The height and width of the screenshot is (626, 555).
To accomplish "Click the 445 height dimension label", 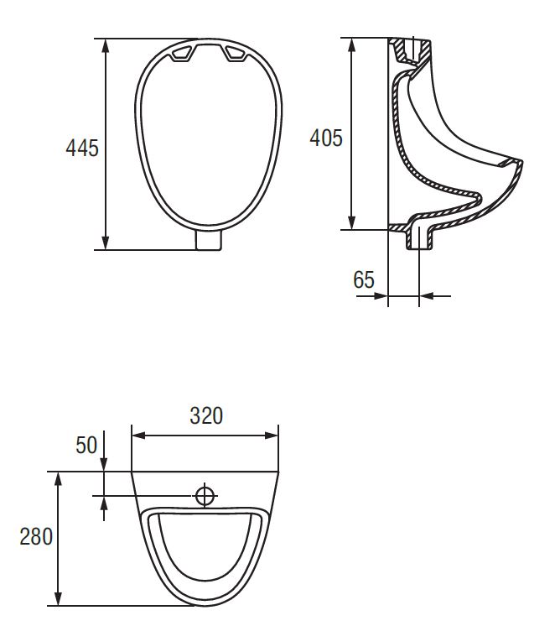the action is tap(82, 148).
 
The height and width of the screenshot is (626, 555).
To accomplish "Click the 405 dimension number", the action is tap(326, 138).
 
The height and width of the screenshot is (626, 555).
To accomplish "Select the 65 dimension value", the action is tap(364, 279).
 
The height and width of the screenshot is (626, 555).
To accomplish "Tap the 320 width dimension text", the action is tap(206, 415).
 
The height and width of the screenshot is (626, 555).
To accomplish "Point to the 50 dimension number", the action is tap(86, 445).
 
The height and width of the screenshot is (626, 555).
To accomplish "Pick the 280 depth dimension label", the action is tap(36, 536).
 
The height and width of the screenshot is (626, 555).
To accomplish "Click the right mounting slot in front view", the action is tap(237, 54).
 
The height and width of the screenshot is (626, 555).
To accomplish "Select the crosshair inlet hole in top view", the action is tap(205, 496).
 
